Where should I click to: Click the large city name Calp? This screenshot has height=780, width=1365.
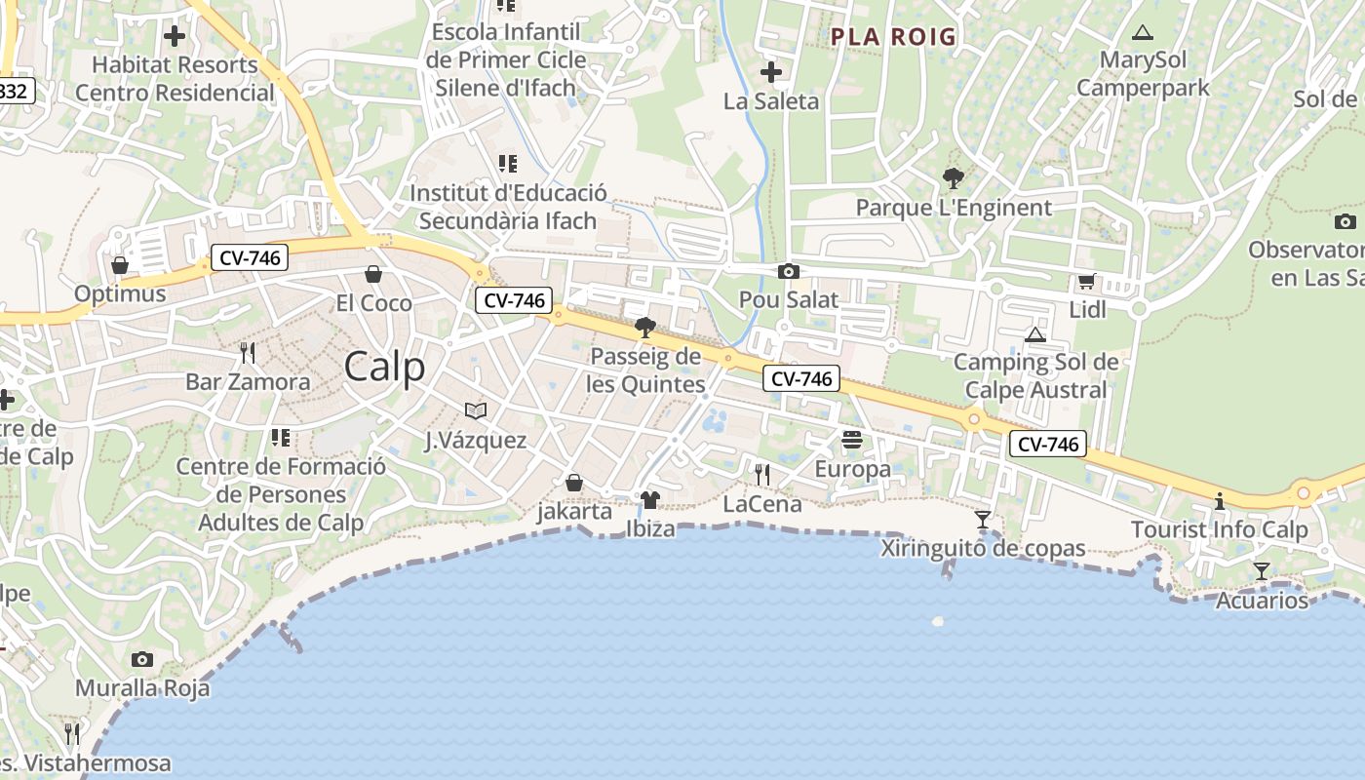(x=385, y=368)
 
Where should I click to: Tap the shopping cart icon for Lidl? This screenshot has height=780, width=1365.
(x=1086, y=282)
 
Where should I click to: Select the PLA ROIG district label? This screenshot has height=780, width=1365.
(x=893, y=37)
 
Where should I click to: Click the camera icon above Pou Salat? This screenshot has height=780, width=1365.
(x=788, y=271)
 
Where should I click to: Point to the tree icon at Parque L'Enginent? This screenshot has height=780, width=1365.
(x=953, y=178)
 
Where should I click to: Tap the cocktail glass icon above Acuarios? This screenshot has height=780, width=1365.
(x=1262, y=570)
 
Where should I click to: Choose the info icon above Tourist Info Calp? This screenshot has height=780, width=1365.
(x=1219, y=501)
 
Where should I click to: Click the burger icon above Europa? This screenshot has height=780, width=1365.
(x=852, y=440)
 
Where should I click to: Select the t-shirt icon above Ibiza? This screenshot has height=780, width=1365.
(x=650, y=500)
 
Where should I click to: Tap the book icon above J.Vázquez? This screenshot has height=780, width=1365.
(x=476, y=410)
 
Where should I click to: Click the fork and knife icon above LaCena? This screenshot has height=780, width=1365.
(x=762, y=475)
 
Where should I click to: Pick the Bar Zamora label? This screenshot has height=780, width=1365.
(x=248, y=381)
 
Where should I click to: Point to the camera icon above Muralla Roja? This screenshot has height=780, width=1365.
(x=142, y=659)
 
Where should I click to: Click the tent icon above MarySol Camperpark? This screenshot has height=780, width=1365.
(x=1143, y=32)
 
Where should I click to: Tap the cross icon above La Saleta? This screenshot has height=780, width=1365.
(x=771, y=72)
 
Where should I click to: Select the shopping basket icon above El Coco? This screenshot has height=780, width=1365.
(x=373, y=274)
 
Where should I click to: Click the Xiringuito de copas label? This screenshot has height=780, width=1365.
(x=983, y=549)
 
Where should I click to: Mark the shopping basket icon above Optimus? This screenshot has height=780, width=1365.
(x=120, y=265)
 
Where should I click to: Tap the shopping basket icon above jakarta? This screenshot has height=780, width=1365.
(x=574, y=483)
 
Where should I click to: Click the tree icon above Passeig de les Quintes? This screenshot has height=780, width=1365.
(x=644, y=328)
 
